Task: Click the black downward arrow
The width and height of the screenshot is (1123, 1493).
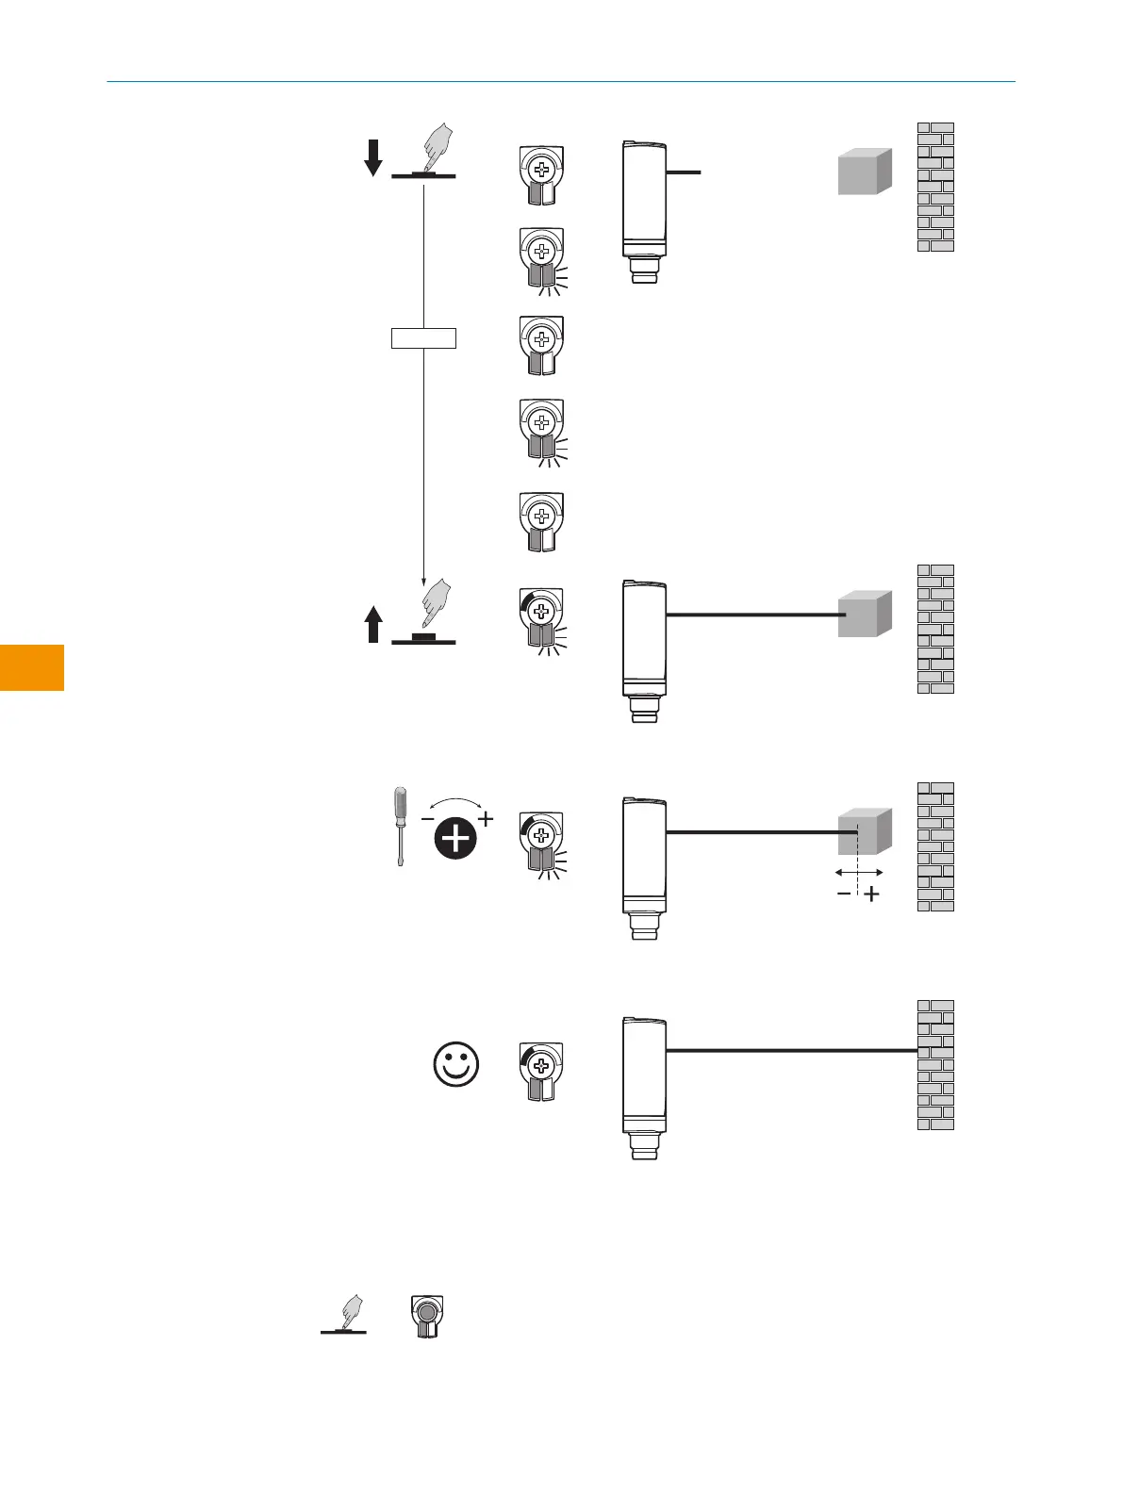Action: [x=373, y=157]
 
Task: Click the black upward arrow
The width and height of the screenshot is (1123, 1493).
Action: [x=373, y=624]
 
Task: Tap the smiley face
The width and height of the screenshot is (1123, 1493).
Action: [x=456, y=1065]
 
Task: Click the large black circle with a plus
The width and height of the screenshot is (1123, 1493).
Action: [x=456, y=838]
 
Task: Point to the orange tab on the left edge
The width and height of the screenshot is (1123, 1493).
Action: [x=32, y=667]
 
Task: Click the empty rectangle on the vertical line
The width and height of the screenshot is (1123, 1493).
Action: [x=423, y=337]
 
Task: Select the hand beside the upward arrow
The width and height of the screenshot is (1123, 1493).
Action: [x=435, y=604]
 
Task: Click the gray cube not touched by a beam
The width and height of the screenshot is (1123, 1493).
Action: [x=865, y=172]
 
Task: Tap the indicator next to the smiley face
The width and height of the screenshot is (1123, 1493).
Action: [x=541, y=1072]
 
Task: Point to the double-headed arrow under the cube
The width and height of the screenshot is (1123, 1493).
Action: [x=859, y=873]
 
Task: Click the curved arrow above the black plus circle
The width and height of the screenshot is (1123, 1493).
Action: [x=456, y=803]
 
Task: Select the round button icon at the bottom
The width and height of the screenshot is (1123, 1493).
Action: [x=427, y=1315]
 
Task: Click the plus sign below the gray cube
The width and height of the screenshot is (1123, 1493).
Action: [x=872, y=894]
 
